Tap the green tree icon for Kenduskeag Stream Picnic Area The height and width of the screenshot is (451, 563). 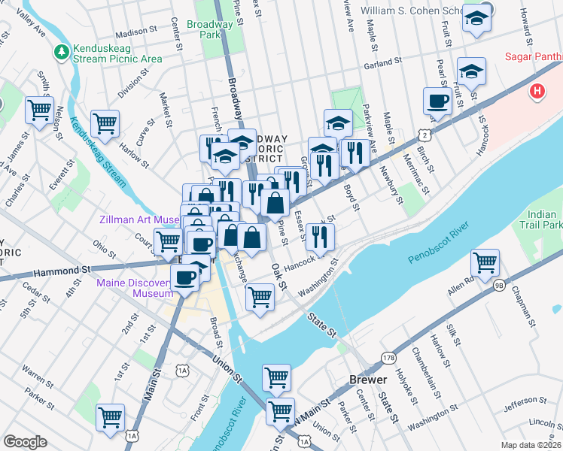tap(62, 52)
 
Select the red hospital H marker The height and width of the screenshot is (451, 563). tap(537, 92)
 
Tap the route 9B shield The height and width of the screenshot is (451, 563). tap(500, 286)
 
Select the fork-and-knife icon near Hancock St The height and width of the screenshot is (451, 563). tap(320, 237)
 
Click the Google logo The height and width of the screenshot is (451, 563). tap(25, 442)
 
